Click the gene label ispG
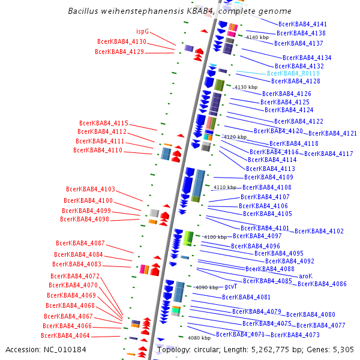(142, 31)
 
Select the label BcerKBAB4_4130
(122, 42)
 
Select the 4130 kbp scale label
(245, 87)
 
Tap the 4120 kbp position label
(235, 137)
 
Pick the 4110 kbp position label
(225, 187)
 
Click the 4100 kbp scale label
(214, 237)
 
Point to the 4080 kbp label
(199, 338)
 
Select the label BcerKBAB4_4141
(302, 24)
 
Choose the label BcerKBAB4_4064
(66, 335)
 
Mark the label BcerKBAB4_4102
(319, 231)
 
